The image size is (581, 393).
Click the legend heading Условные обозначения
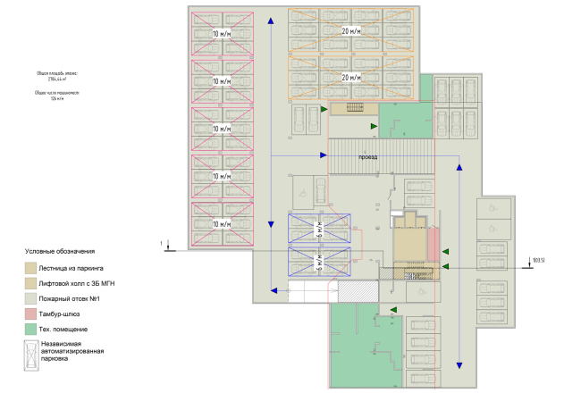point(59,252)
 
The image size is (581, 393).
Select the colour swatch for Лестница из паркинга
point(31,266)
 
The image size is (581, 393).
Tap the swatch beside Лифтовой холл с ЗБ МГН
point(31,282)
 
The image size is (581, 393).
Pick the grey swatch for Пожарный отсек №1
point(31,298)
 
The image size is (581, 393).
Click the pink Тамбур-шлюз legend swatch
point(31,314)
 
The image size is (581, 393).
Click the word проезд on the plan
point(367,156)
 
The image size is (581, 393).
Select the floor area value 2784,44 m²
point(56,79)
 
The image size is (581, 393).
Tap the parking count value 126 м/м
point(57,97)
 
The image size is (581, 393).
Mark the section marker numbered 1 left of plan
point(161,243)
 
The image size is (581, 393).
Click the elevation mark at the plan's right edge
point(537,261)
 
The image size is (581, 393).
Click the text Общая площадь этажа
point(56,73)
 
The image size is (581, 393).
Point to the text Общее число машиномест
point(57,92)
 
